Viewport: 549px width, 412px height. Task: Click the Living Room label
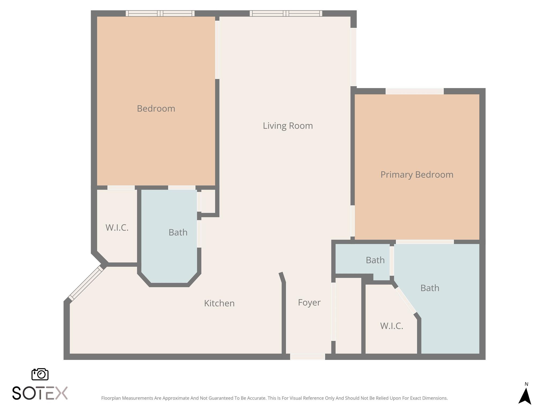pyautogui.click(x=288, y=126)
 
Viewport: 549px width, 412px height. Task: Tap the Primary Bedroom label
pyautogui.click(x=417, y=175)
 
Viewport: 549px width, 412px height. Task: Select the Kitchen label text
pyautogui.click(x=219, y=303)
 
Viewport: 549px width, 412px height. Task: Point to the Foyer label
pyautogui.click(x=309, y=303)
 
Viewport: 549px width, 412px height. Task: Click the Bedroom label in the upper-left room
pyautogui.click(x=156, y=109)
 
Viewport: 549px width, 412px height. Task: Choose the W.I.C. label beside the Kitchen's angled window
pyautogui.click(x=117, y=228)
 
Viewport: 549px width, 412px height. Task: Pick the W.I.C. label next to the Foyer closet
pyautogui.click(x=391, y=326)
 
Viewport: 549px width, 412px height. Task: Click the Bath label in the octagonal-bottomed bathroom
pyautogui.click(x=178, y=233)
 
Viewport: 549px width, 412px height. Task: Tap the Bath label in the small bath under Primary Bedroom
pyautogui.click(x=375, y=260)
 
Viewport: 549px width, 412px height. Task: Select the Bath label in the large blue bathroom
pyautogui.click(x=429, y=288)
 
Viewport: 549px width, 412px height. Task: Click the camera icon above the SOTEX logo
pyautogui.click(x=40, y=374)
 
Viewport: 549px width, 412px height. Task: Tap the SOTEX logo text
pyautogui.click(x=40, y=393)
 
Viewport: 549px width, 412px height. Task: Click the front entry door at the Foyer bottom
pyautogui.click(x=307, y=357)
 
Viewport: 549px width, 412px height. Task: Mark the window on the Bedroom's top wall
pyautogui.click(x=160, y=13)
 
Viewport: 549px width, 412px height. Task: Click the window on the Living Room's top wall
pyautogui.click(x=286, y=13)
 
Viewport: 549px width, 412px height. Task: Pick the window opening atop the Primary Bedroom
pyautogui.click(x=414, y=91)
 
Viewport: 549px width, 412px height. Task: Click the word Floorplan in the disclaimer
pyautogui.click(x=111, y=398)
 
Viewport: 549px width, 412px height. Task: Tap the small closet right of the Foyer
pyautogui.click(x=348, y=316)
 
